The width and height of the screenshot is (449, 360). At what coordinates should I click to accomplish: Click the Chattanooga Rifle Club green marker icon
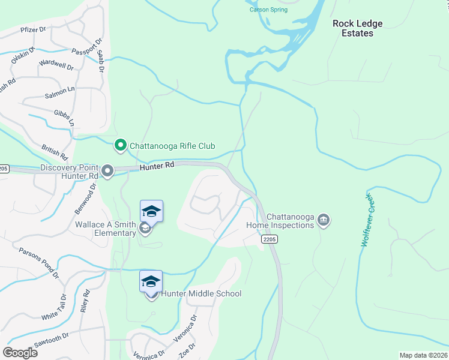[120, 145]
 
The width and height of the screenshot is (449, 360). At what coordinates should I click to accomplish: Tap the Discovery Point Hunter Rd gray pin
[108, 172]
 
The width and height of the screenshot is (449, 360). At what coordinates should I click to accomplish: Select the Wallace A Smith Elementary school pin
[151, 213]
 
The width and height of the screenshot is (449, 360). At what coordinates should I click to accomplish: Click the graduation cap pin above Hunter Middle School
[151, 281]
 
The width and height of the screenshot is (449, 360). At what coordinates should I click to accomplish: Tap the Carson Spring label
[268, 10]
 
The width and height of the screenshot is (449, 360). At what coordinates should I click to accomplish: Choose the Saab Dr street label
[101, 62]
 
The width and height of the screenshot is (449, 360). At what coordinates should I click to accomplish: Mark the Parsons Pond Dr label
[38, 264]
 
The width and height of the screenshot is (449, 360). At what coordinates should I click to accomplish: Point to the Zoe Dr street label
[186, 351]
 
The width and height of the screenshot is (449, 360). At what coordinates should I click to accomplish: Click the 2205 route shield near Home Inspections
[269, 239]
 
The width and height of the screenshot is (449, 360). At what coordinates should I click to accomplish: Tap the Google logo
[20, 352]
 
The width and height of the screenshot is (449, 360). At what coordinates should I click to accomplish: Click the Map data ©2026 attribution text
[423, 355]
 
